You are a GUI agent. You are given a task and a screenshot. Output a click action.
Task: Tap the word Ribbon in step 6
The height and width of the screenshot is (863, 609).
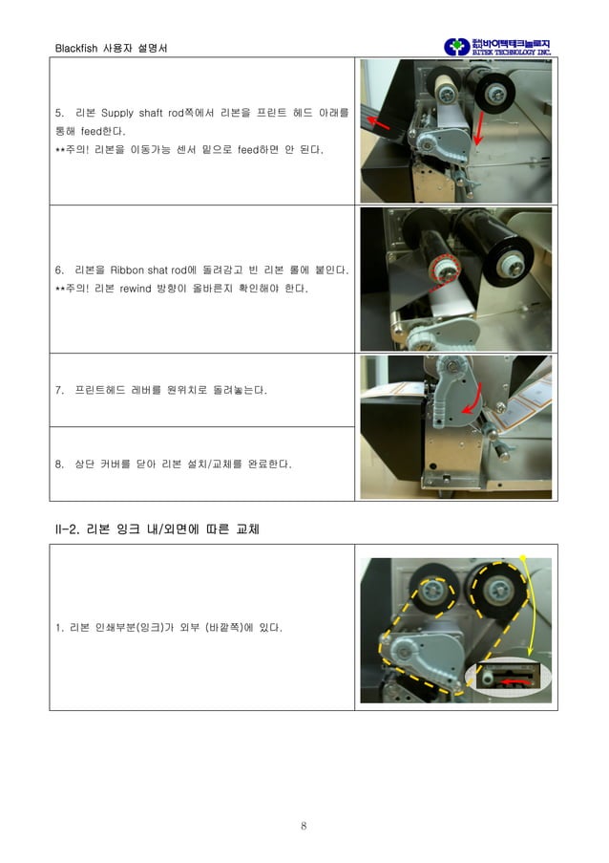(127, 270)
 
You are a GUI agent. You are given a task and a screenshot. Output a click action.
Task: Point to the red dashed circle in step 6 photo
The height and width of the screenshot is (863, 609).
(442, 270)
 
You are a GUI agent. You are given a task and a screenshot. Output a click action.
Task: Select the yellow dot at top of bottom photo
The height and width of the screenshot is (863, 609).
(522, 556)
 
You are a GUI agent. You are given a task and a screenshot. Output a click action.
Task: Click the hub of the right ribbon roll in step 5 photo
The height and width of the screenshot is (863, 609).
(494, 94)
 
